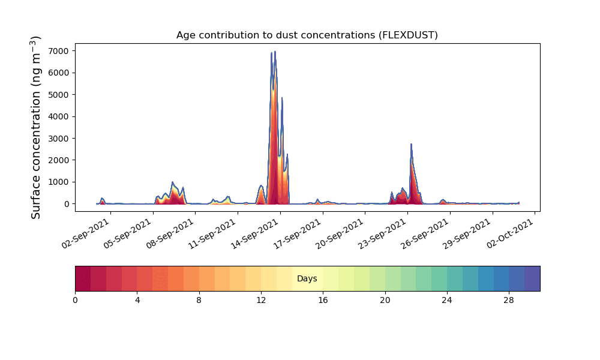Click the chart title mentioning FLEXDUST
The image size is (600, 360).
307,35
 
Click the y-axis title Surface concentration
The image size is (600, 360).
36,127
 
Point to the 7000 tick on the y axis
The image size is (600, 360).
59,51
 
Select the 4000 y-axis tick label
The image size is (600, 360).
59,116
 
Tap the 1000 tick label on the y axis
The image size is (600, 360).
59,182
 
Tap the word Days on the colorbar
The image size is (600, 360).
307,279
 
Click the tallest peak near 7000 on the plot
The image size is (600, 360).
275,52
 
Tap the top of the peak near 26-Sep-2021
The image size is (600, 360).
411,144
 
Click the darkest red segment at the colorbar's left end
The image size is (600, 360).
83,278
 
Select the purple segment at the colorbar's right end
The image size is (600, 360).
532,278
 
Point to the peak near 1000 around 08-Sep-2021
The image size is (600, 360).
172,182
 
